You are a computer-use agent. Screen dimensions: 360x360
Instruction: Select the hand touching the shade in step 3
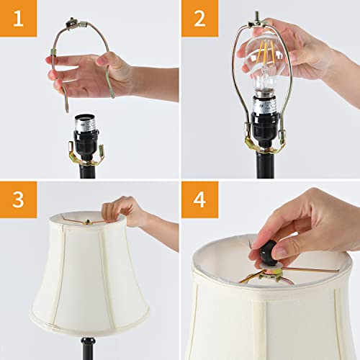point(130,212)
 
